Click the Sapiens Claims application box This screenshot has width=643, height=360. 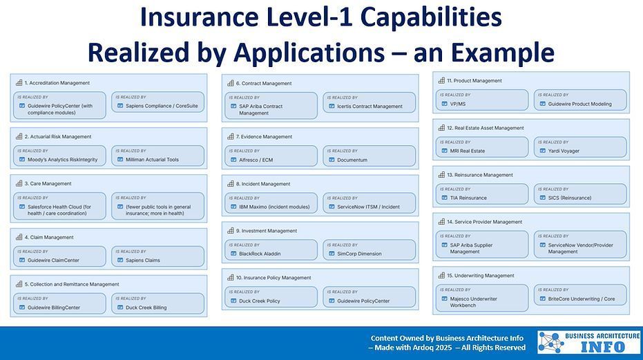click(x=157, y=256)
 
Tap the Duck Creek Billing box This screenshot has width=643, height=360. click(x=157, y=303)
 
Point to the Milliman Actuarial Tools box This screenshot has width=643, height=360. click(x=157, y=155)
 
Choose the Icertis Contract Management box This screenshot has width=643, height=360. click(x=369, y=103)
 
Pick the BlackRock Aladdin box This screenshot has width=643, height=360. click(x=270, y=249)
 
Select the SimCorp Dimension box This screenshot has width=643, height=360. click(x=369, y=249)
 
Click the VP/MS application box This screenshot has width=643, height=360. click(x=482, y=100)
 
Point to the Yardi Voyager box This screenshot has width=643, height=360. click(x=580, y=147)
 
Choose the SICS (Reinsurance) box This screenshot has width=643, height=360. click(x=580, y=194)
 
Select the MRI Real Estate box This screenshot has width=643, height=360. click(x=482, y=147)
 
